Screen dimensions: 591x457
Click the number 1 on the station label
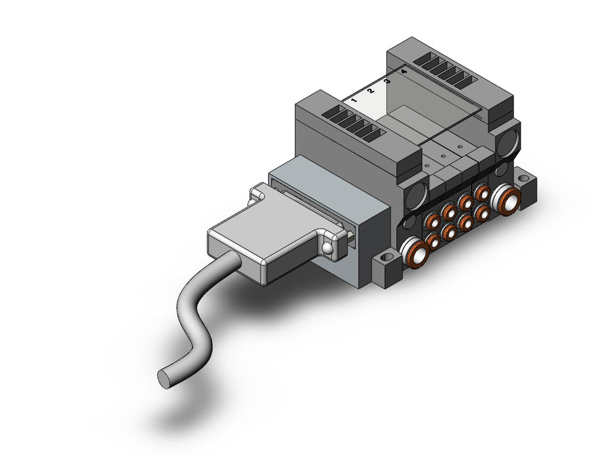click(x=354, y=101)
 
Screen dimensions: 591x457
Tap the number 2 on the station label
click(x=370, y=91)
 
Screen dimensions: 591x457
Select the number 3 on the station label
click(x=387, y=81)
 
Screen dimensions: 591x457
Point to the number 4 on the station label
click(x=404, y=71)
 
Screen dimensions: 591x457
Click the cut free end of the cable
click(x=164, y=379)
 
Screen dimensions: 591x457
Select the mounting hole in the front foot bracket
click(x=385, y=259)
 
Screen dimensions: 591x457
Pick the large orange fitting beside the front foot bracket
click(x=414, y=253)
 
